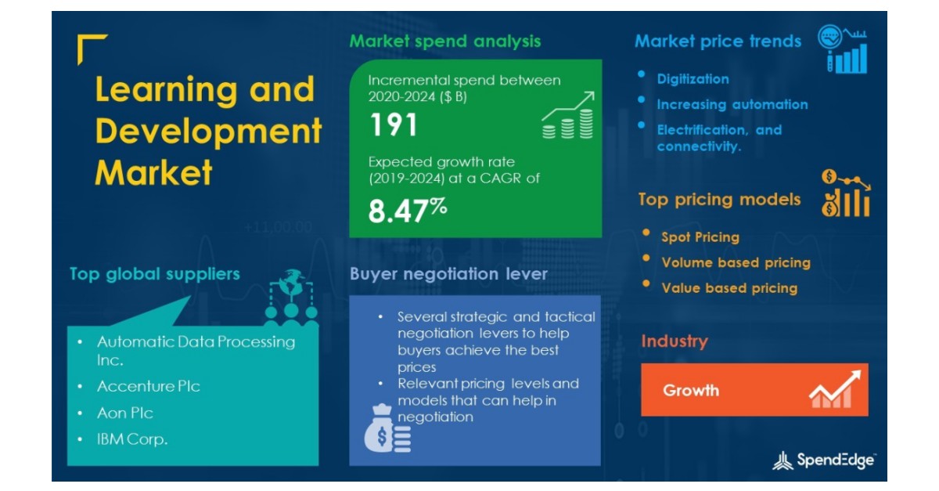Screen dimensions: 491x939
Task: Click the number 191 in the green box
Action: click(393, 125)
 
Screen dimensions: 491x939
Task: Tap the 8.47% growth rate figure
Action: click(407, 211)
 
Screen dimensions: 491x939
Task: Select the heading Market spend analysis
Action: click(444, 41)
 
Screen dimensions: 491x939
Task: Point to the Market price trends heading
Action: click(718, 41)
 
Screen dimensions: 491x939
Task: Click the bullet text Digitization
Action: click(693, 79)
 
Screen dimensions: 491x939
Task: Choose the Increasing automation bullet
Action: click(732, 104)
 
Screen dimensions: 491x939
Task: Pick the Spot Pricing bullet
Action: click(700, 237)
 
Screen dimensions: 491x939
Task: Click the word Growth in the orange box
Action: click(691, 390)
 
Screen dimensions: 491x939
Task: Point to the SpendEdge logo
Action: click(824, 460)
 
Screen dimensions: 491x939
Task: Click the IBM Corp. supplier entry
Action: click(132, 439)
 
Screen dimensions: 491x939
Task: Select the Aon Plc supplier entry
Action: click(125, 413)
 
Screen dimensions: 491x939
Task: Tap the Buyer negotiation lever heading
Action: click(448, 274)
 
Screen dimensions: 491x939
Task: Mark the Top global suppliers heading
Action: click(154, 274)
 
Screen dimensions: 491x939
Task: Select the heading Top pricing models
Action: click(719, 200)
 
